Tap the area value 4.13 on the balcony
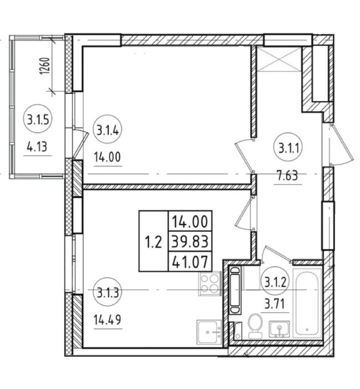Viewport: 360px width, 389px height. (x=37, y=147)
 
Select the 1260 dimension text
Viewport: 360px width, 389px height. (x=45, y=66)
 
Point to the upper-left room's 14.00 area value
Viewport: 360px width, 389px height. (x=107, y=157)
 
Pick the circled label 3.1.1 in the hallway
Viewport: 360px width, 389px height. (x=288, y=148)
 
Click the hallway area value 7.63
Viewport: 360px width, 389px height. (x=288, y=176)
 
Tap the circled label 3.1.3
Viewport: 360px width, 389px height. (x=107, y=292)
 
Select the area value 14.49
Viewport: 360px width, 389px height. (x=107, y=320)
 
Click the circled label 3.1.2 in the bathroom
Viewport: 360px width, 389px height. (x=275, y=282)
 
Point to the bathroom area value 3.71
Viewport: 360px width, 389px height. (x=275, y=304)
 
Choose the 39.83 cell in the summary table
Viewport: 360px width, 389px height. (x=190, y=241)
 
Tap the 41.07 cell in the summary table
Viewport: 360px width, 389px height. (x=190, y=262)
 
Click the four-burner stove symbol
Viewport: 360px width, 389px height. (x=209, y=283)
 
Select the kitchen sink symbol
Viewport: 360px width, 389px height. (x=209, y=332)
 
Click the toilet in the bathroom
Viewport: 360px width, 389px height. (x=255, y=325)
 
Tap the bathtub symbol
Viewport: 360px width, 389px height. (x=307, y=303)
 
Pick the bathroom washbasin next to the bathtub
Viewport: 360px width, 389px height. (x=279, y=329)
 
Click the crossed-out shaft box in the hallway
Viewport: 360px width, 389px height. (x=279, y=59)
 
